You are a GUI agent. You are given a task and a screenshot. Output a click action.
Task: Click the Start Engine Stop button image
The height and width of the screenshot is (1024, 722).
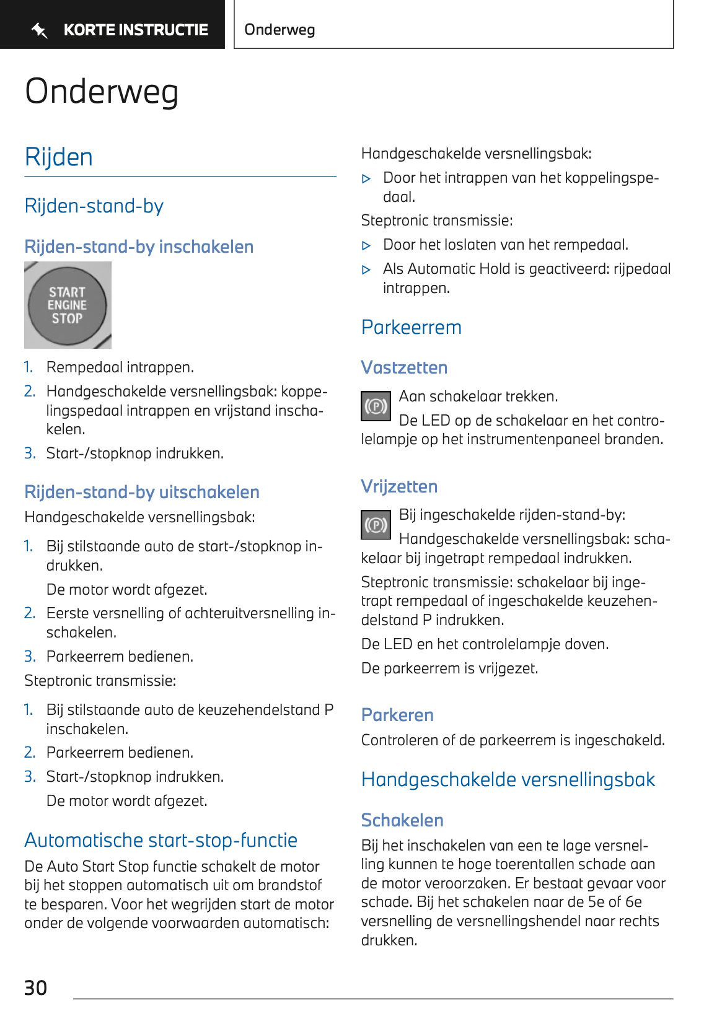click(x=67, y=305)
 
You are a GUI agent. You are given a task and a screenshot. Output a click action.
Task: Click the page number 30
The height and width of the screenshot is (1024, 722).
click(x=35, y=987)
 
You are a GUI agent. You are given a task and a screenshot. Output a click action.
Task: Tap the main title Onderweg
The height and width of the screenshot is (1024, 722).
click(x=102, y=92)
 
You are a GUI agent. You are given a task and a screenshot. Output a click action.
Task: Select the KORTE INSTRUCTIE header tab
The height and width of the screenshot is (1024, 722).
click(x=135, y=30)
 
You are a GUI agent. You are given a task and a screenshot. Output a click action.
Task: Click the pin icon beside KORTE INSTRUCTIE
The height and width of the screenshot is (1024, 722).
click(x=40, y=30)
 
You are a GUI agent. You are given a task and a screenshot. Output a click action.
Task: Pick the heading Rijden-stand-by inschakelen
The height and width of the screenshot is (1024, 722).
click(x=139, y=247)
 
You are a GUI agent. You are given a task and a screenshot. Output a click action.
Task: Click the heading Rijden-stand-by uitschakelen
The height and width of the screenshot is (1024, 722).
click(x=141, y=492)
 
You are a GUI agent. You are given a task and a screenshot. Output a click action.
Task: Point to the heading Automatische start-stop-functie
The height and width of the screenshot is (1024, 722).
click(x=161, y=840)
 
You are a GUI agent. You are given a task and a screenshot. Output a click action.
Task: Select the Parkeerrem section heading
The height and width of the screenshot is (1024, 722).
click(x=411, y=327)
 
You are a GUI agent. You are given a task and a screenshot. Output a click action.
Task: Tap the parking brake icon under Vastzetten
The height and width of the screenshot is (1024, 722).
click(x=376, y=406)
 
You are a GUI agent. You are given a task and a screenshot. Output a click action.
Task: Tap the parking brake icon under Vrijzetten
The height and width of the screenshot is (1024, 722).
click(x=376, y=525)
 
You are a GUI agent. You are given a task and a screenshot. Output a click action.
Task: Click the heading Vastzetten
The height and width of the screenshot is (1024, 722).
click(x=404, y=367)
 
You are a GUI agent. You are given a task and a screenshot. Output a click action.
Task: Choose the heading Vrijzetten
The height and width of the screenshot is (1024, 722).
click(x=399, y=486)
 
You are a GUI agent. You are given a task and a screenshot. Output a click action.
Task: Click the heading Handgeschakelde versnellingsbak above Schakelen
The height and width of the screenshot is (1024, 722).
click(x=508, y=779)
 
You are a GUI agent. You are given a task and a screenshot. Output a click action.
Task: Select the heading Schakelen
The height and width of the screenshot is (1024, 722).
click(x=402, y=820)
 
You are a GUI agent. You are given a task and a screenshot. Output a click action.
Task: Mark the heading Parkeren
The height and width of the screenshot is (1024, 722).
click(x=397, y=715)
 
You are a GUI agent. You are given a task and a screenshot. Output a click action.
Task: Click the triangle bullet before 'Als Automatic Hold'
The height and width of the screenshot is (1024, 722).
click(x=366, y=269)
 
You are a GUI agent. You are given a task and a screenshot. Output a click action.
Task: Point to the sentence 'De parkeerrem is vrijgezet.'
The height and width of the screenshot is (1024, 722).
click(x=449, y=668)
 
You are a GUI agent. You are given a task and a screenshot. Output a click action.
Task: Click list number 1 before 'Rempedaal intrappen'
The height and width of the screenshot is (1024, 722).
click(x=29, y=367)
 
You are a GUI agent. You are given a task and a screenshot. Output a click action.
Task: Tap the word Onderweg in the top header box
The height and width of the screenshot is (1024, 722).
click(x=280, y=30)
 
